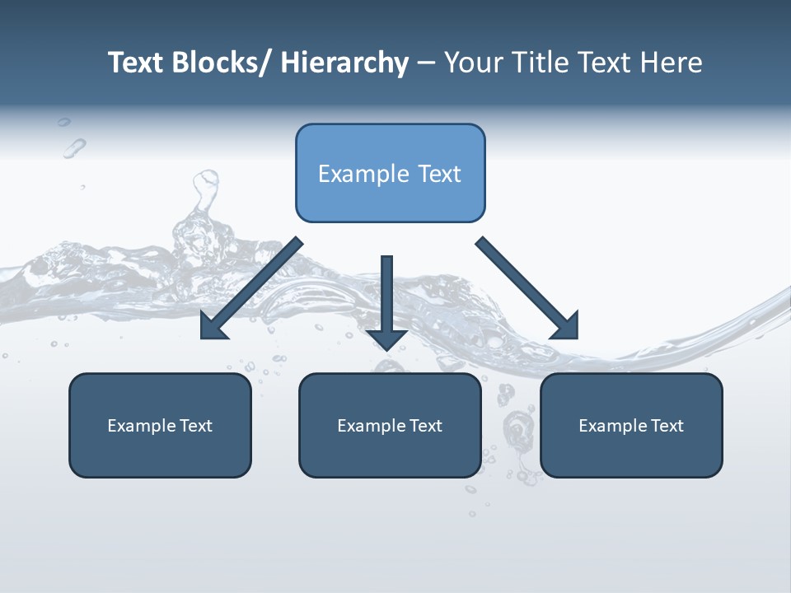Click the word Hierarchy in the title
[344, 63]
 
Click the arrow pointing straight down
[387, 301]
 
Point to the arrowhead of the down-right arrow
[566, 326]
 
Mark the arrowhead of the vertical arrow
[387, 339]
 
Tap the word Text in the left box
[196, 426]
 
